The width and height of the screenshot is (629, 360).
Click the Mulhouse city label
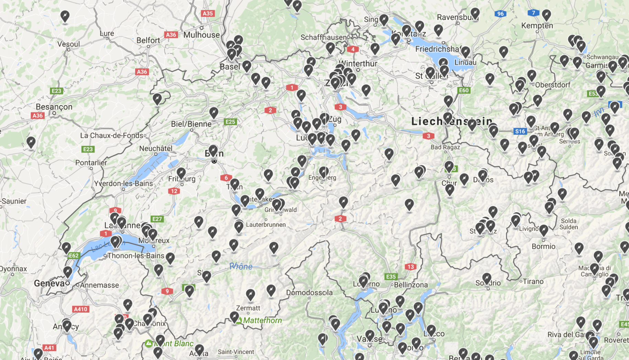201,35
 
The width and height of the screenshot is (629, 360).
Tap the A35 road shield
208,13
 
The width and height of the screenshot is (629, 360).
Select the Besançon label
54,107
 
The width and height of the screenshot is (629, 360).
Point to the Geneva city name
49,283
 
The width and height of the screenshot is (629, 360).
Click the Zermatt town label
248,308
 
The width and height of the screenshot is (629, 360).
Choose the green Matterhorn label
263,320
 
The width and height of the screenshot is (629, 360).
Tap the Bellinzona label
411,285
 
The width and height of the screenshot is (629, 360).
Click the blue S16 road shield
520,131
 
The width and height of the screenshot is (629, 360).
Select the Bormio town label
543,246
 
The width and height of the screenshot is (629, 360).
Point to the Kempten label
537,26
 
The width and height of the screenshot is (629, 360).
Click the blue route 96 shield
500,14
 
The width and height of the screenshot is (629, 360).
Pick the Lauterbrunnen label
266,225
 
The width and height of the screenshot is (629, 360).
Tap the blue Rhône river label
241,267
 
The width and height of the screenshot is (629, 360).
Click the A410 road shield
81,309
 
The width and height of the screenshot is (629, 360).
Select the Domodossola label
309,293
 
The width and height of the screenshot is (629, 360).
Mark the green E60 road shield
464,90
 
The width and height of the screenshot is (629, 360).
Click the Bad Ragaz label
445,147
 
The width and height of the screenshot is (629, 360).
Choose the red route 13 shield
410,267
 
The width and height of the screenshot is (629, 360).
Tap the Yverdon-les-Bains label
123,183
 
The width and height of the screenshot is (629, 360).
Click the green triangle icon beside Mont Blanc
148,343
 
